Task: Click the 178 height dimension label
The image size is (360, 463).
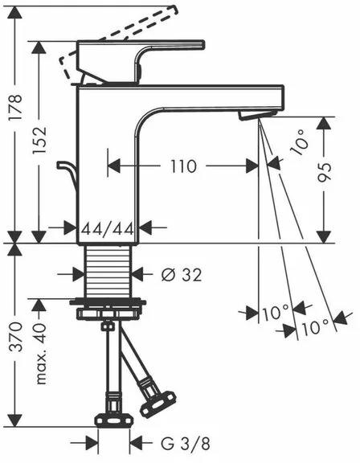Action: [x=15, y=107]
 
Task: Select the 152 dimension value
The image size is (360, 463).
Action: [x=39, y=140]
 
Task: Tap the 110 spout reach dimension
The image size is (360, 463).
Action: [x=183, y=166]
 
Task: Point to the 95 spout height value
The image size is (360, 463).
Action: [x=325, y=172]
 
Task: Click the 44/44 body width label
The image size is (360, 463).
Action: [x=108, y=228]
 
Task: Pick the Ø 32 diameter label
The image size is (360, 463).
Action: [x=182, y=275]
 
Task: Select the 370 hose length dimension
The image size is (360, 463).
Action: [x=15, y=337]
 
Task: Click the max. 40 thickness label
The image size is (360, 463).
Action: [x=40, y=354]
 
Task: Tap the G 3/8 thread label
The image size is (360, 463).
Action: [x=186, y=444]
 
